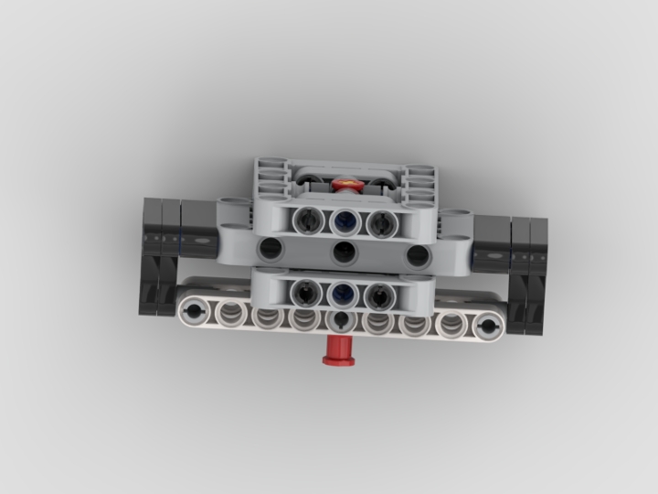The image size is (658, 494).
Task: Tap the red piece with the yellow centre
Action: pyautogui.click(x=347, y=185)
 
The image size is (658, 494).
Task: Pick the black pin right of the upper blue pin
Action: pyautogui.click(x=378, y=220)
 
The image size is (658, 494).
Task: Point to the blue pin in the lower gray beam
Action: pyautogui.click(x=343, y=293)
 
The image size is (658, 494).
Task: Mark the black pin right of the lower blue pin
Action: pyautogui.click(x=379, y=294)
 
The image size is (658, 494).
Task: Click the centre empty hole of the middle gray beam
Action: pyautogui.click(x=344, y=253)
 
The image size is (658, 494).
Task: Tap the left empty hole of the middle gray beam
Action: pyautogui.click(x=271, y=249)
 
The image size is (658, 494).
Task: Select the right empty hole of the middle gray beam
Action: pyautogui.click(x=418, y=255)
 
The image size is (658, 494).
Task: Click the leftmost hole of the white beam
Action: pyautogui.click(x=196, y=310)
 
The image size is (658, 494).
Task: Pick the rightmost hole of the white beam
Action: pyautogui.click(x=488, y=325)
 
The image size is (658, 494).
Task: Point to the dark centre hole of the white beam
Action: pyautogui.click(x=341, y=319)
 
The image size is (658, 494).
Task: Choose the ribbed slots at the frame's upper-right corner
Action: pyautogui.click(x=420, y=182)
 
